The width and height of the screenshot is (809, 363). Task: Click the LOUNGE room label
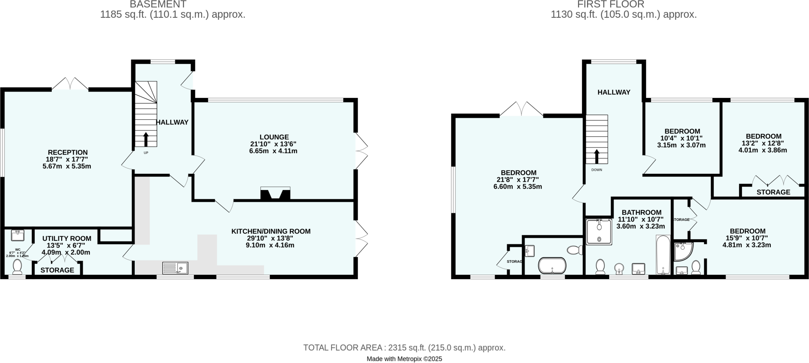coord(274,137)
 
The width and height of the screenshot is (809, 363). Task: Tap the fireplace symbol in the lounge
coord(275,194)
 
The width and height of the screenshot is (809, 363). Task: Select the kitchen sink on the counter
coord(175,268)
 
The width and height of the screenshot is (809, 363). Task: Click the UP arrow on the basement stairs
coord(146,139)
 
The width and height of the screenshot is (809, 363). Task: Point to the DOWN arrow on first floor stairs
coord(596,156)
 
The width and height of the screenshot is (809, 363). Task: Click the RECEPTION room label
coord(68,152)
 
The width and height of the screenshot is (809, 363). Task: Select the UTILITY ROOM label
coord(67,239)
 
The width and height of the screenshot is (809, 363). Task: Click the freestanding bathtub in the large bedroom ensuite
coord(552,265)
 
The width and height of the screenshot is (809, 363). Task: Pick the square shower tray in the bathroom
coord(599,232)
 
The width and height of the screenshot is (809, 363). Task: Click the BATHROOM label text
coord(641,213)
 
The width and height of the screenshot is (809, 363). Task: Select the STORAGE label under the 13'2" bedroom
coord(773,192)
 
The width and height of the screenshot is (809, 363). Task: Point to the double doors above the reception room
coord(70,84)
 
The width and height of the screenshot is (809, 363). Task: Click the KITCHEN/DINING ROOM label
coord(271,231)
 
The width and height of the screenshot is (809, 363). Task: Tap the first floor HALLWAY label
coord(613,92)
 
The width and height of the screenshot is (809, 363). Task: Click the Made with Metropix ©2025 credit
coord(404,359)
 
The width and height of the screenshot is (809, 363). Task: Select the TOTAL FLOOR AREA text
coord(404,348)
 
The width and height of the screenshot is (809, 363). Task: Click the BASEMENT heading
coord(158,5)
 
